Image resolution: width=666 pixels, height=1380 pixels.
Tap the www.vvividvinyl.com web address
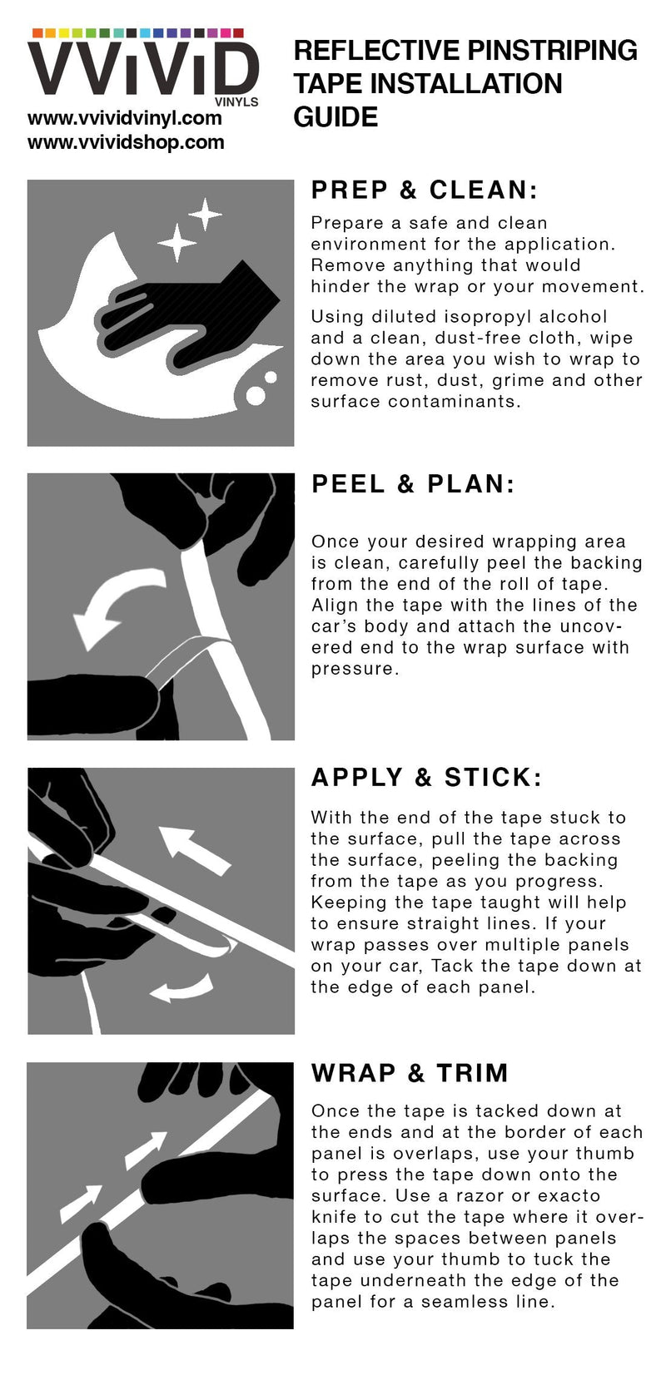pos(125,117)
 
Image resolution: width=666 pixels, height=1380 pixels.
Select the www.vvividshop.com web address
pos(126,142)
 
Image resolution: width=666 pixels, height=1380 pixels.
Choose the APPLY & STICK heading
pos(426,778)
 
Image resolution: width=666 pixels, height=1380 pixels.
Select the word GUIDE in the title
pos(335,117)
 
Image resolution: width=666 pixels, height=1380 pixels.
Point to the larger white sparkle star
pos(177,242)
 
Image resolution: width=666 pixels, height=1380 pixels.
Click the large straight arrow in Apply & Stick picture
pos(194,849)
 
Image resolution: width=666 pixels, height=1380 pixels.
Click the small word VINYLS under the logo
pos(236,102)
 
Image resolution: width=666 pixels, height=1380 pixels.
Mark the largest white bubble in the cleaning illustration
pos(256,395)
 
